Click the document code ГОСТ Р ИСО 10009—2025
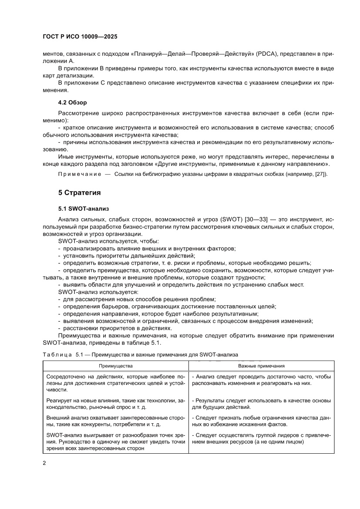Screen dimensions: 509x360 (80, 37)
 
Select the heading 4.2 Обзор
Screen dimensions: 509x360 (73, 102)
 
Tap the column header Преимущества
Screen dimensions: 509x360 (115, 366)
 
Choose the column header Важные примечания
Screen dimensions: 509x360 (261, 366)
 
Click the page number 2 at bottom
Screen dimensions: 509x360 (44, 463)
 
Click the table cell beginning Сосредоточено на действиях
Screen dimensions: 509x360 (115, 383)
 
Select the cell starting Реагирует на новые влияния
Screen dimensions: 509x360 (115, 404)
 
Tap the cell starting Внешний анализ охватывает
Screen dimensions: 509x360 (115, 421)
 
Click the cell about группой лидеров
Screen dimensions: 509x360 (261, 438)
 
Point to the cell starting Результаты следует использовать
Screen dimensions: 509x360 (261, 404)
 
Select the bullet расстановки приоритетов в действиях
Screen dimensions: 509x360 (117, 328)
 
